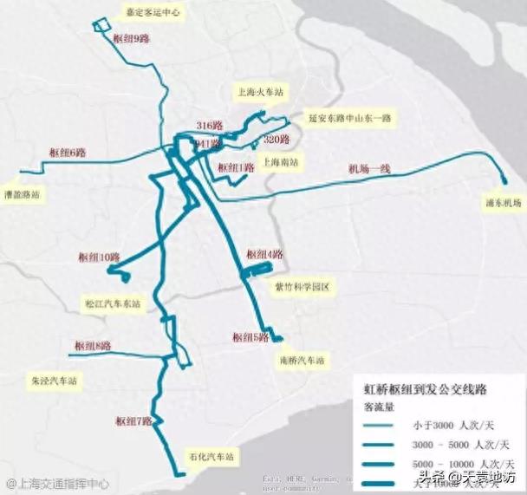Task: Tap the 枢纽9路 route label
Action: [131, 39]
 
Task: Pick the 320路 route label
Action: [275, 140]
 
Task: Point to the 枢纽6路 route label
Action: [67, 153]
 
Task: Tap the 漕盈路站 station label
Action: [22, 195]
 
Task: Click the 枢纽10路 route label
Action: [97, 257]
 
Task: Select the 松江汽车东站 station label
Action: [112, 304]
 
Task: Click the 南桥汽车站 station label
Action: [302, 360]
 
